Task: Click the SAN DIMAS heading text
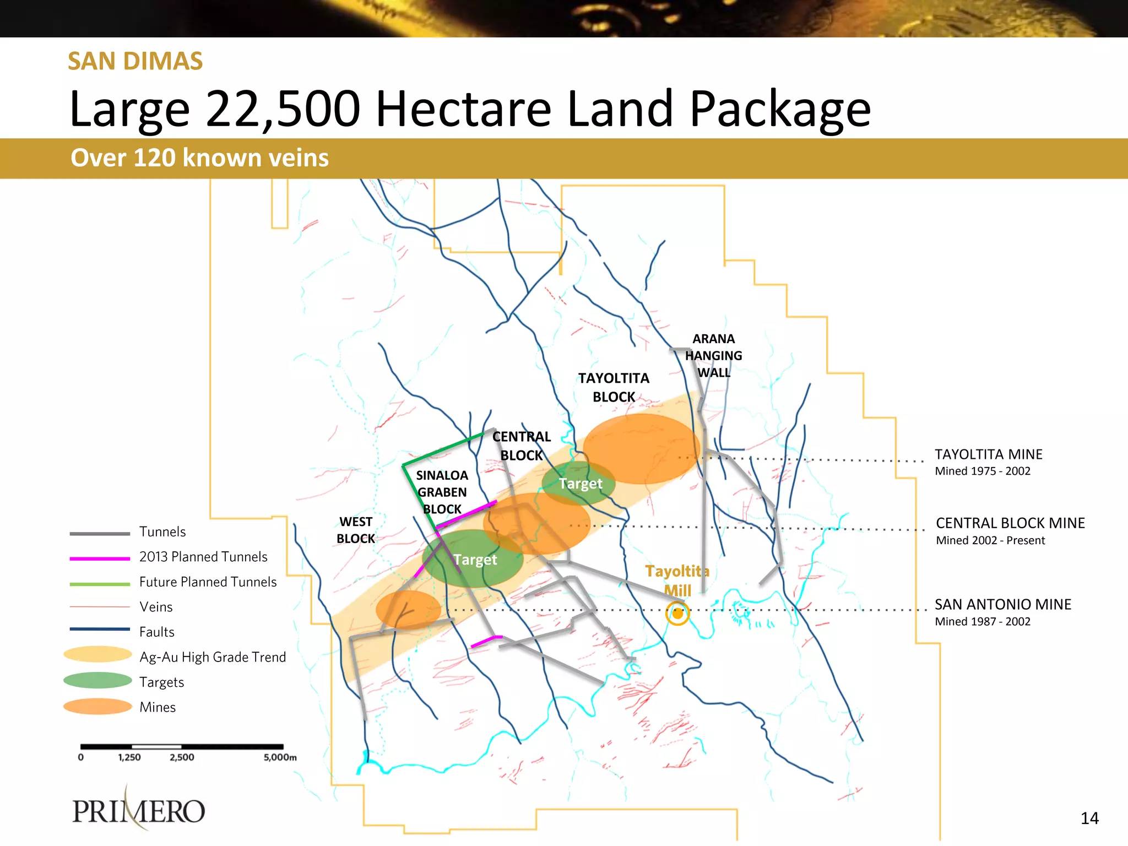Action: (x=135, y=61)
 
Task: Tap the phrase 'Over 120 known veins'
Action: (x=199, y=158)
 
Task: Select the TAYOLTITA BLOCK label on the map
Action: (x=614, y=387)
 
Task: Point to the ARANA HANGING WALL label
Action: (x=713, y=356)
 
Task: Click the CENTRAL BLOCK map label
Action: (x=521, y=446)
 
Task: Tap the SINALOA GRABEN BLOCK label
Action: (x=442, y=492)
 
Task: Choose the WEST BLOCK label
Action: (x=356, y=530)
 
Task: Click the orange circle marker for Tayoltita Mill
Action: (x=677, y=614)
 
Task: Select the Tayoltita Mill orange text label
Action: (x=677, y=581)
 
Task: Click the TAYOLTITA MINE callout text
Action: (x=988, y=454)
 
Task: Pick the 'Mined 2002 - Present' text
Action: (x=990, y=540)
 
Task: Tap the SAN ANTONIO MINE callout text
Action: (x=1002, y=605)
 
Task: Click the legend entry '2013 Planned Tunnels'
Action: (x=203, y=557)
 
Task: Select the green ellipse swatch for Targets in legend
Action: (x=97, y=681)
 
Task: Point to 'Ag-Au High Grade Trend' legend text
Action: (x=213, y=657)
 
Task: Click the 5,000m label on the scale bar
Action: (x=280, y=757)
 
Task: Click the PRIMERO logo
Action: (x=139, y=810)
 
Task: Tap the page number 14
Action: (x=1089, y=818)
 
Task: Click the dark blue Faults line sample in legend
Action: (x=99, y=629)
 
